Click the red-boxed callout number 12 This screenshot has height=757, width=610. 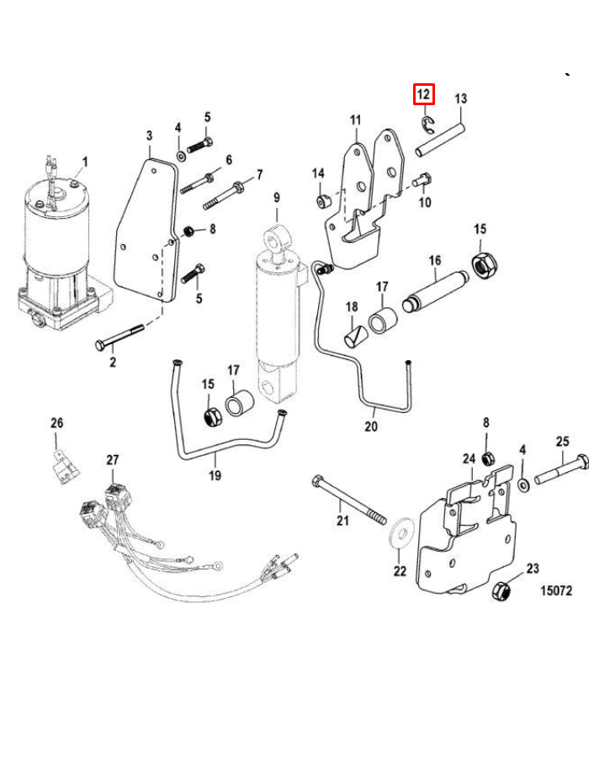(x=423, y=94)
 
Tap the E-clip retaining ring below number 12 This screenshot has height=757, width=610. (x=427, y=124)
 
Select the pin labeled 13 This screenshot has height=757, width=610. (x=441, y=140)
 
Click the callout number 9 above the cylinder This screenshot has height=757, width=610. (x=277, y=198)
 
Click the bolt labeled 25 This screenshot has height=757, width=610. (x=562, y=468)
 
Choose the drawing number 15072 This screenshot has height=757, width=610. (x=556, y=591)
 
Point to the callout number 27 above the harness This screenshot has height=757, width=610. (x=113, y=459)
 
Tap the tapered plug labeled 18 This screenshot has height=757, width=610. (x=355, y=336)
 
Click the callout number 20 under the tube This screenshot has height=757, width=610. (x=371, y=426)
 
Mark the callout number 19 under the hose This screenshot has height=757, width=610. (x=215, y=475)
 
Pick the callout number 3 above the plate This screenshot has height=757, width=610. (x=149, y=135)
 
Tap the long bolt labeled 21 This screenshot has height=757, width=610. (x=349, y=500)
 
